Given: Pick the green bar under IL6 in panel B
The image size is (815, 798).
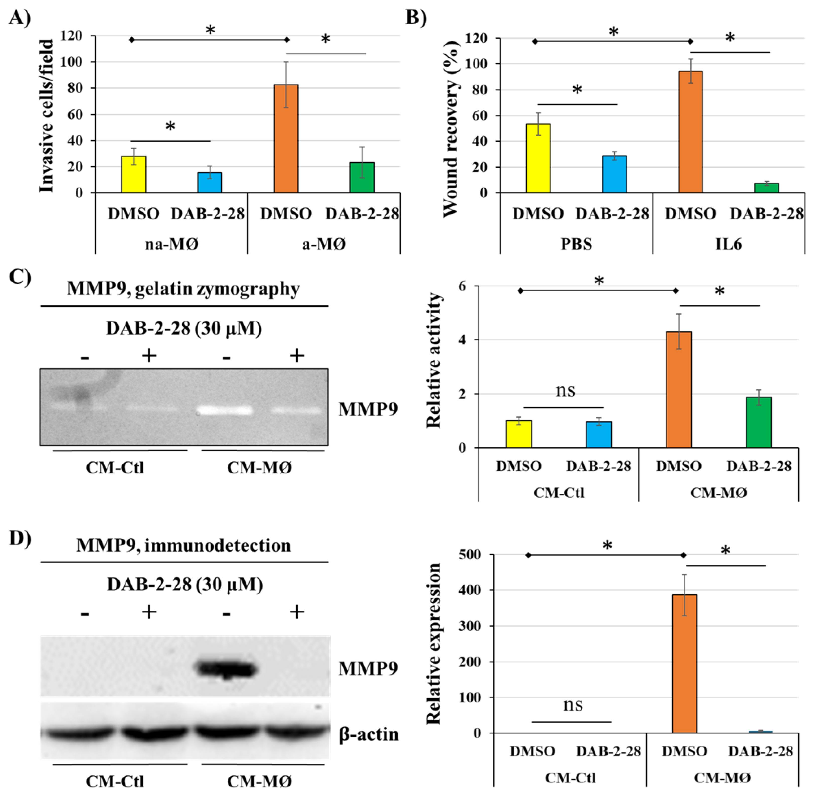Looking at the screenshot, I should (x=766, y=188).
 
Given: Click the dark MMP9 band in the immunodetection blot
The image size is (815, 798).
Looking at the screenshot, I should (x=227, y=669).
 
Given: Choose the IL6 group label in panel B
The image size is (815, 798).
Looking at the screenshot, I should (x=728, y=243).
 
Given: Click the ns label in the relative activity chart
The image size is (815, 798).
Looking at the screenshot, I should (x=565, y=390).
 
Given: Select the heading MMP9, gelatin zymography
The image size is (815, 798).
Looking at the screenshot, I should (x=183, y=289).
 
